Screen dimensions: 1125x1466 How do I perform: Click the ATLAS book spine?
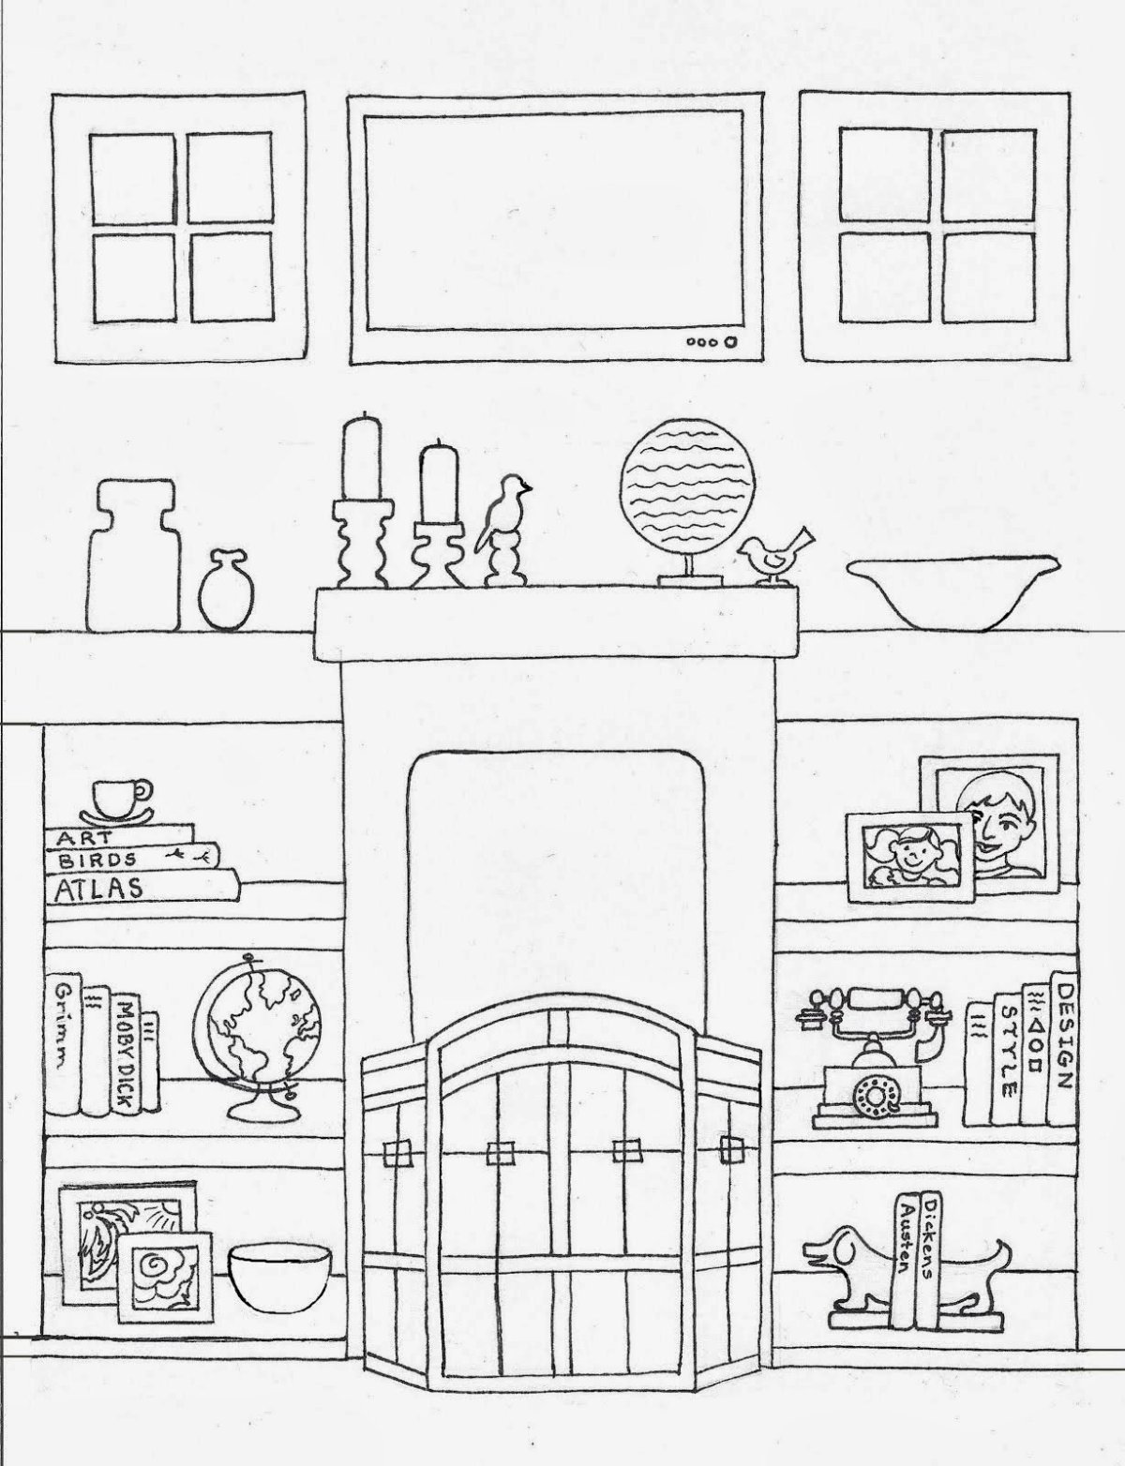tap(142, 886)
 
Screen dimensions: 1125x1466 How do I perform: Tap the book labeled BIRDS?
tap(132, 857)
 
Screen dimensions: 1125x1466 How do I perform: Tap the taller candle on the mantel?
tap(363, 456)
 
